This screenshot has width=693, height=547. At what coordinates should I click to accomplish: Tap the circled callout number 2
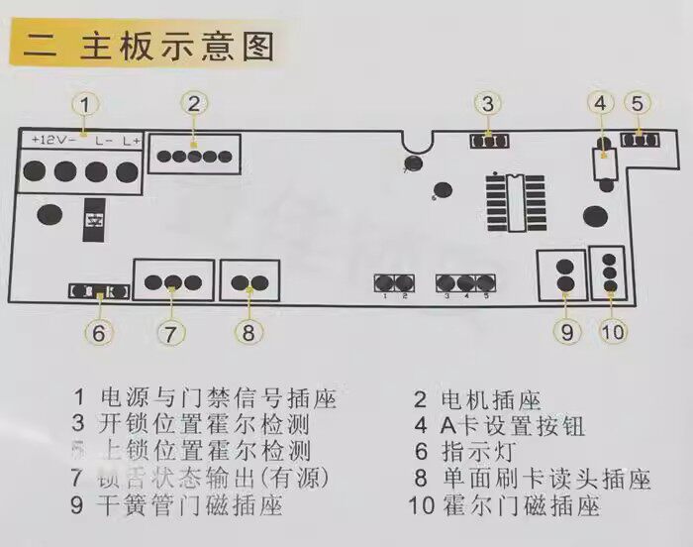click(194, 102)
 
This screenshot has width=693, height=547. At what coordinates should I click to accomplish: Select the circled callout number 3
click(487, 102)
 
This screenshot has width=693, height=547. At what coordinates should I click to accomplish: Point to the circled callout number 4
click(601, 102)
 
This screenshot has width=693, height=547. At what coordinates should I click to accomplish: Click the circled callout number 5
click(639, 102)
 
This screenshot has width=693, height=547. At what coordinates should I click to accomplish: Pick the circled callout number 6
click(97, 332)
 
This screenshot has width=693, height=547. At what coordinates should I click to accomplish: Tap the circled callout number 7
click(170, 332)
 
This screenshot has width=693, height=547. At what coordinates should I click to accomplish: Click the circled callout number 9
click(566, 332)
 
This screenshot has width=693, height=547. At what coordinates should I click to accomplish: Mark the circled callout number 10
click(614, 332)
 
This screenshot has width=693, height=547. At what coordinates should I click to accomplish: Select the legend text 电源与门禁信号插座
click(219, 399)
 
